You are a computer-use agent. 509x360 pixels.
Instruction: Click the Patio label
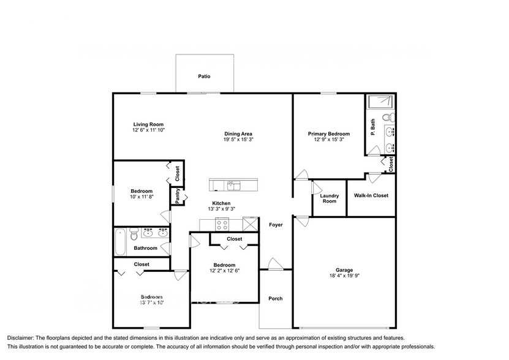pos(204,77)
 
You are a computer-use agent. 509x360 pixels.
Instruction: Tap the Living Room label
pos(148,124)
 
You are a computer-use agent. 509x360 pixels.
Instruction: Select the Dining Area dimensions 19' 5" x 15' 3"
pos(239,140)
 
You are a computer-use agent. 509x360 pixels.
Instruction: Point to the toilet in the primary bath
pos(387,117)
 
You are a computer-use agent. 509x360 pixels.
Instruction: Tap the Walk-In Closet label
pos(371,196)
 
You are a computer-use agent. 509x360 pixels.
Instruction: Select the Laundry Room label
pos(329,198)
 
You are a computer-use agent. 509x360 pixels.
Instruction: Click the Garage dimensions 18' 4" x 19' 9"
pos(344,276)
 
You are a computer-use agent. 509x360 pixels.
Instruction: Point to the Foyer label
pos(276,225)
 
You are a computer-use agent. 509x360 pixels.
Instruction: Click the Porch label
pos(276,299)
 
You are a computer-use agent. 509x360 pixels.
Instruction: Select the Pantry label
pos(177,196)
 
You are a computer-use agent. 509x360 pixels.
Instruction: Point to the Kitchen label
pos(221,203)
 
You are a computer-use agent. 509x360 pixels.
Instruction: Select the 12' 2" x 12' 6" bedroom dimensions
pos(224,270)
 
